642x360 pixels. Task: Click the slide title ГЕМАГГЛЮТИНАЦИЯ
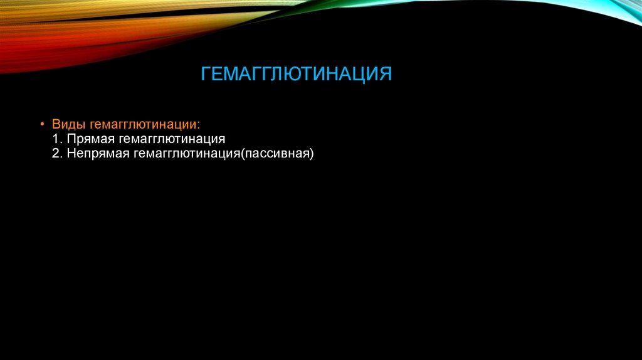click(x=296, y=74)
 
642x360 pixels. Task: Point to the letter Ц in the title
click(x=365, y=74)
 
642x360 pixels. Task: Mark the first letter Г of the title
click(x=206, y=74)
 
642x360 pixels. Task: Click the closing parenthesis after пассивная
click(x=310, y=153)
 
